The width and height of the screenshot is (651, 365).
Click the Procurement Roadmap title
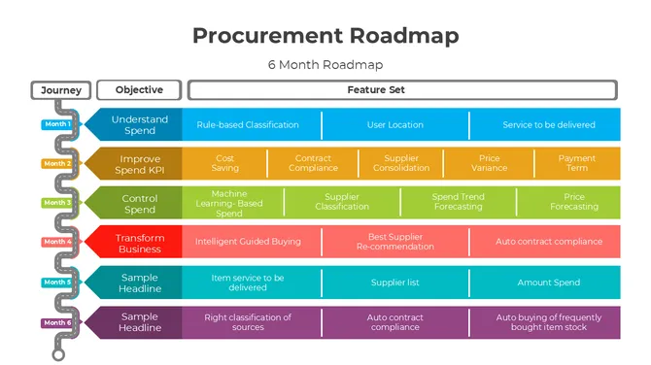(x=325, y=36)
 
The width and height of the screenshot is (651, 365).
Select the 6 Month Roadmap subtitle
(x=325, y=65)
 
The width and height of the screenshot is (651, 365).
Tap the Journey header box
(x=62, y=90)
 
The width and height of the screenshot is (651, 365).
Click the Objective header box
(x=139, y=90)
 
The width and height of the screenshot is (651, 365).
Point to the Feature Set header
(x=402, y=90)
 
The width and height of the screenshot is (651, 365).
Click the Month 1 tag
(x=55, y=124)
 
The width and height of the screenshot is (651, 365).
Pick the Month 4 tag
(x=56, y=242)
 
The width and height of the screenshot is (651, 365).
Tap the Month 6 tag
(x=56, y=322)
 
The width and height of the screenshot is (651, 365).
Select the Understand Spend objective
(x=140, y=124)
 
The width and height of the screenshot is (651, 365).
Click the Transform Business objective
(x=140, y=242)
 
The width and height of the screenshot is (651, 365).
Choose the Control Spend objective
(x=140, y=203)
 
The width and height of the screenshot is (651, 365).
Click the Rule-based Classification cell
(x=248, y=124)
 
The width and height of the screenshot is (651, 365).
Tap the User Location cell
(x=394, y=124)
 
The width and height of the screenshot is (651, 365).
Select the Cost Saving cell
(x=224, y=163)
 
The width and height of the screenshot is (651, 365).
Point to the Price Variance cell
(x=489, y=163)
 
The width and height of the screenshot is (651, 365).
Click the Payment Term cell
(x=577, y=163)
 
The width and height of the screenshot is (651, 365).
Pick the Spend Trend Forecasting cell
(x=458, y=202)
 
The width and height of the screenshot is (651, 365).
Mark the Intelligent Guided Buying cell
(x=248, y=242)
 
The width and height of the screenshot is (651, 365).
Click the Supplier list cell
(x=394, y=282)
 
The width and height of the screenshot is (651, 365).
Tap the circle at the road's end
(x=58, y=355)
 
